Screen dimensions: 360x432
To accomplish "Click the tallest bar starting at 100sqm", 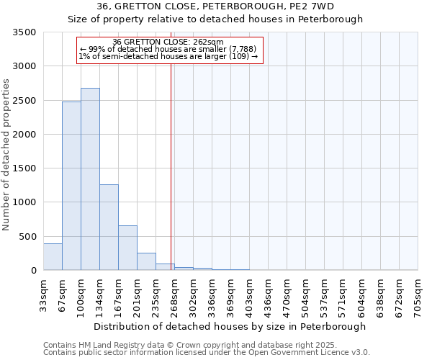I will (90, 180).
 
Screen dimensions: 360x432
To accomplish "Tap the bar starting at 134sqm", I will (109, 228).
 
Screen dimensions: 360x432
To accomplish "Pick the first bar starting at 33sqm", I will (53, 257).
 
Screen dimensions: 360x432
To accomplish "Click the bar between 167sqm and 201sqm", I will (127, 248).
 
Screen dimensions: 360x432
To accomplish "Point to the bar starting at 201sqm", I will (146, 262).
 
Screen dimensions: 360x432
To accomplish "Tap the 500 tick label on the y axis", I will (28, 237).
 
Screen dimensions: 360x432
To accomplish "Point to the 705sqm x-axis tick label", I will (418, 295).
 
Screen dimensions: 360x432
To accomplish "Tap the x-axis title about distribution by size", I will (230, 327).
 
